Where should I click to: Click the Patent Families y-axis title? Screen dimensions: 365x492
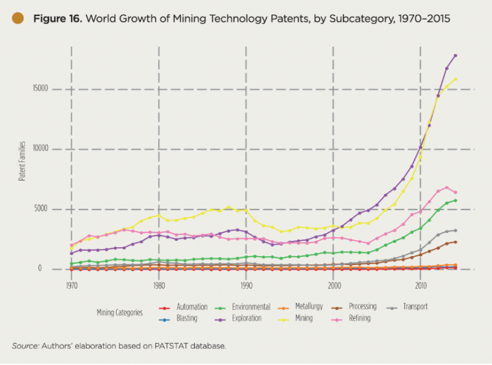click(x=22, y=161)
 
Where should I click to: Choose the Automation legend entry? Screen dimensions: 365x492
click(x=188, y=307)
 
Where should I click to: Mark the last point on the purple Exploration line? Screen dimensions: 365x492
click(x=455, y=56)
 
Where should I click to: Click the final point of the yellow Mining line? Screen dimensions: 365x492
click(x=455, y=79)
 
